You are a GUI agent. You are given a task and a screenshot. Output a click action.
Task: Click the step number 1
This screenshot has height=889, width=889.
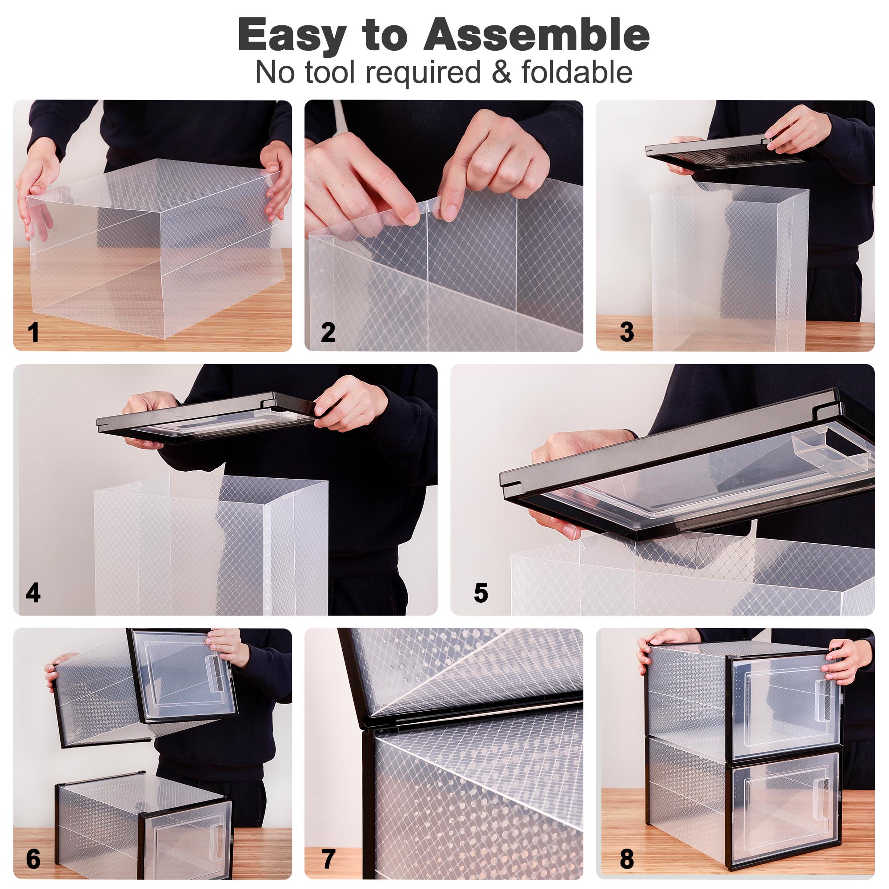[34, 332]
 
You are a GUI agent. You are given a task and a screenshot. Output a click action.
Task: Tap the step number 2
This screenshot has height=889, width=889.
[328, 332]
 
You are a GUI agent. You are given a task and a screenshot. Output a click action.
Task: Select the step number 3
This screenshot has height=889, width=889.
[627, 332]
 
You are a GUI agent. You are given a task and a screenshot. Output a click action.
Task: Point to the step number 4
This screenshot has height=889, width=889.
[33, 593]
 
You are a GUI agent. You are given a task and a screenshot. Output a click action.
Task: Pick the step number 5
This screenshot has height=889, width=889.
[481, 593]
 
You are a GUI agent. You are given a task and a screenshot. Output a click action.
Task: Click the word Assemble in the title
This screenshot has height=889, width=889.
[537, 35]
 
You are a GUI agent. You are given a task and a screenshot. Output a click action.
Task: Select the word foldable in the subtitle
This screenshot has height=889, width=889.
[577, 72]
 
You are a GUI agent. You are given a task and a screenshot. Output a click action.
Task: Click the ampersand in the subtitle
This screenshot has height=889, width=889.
[501, 73]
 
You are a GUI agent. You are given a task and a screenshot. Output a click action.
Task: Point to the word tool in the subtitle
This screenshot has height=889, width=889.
[330, 72]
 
